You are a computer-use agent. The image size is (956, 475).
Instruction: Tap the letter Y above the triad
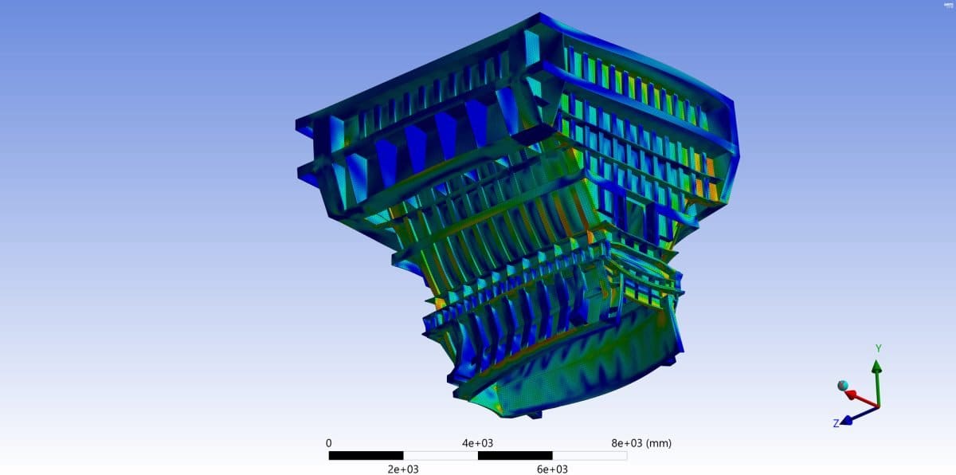point(878,349)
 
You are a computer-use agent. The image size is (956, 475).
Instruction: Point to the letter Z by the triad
point(836,423)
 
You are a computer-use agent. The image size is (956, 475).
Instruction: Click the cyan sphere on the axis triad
point(843,386)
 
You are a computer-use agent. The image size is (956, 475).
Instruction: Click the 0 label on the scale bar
point(329,443)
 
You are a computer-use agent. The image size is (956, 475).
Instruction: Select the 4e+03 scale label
point(477,443)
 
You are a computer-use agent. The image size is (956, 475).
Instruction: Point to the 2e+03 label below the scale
point(403,469)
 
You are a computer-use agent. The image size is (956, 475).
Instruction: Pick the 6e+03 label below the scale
point(552,469)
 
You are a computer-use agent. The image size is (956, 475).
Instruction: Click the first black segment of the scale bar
point(366,456)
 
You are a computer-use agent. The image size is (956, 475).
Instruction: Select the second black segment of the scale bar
point(515,456)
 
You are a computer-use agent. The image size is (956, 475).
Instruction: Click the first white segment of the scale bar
point(440,456)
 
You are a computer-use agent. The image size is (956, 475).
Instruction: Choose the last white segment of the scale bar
point(590,456)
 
